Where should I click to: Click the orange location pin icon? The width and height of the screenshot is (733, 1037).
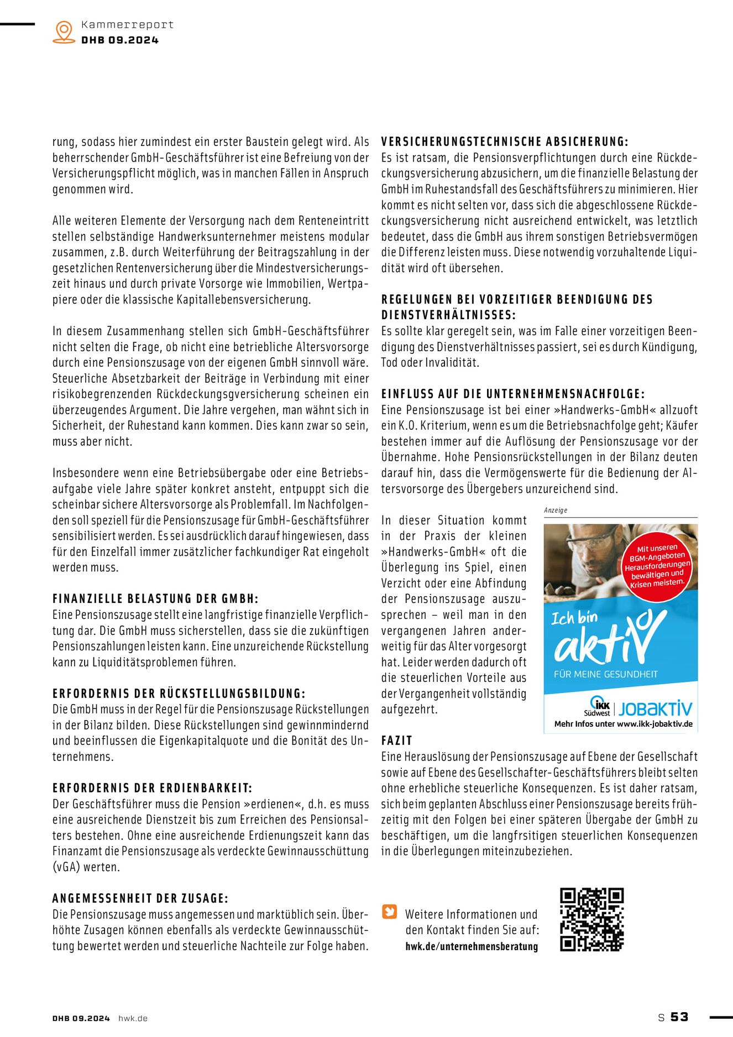(x=64, y=32)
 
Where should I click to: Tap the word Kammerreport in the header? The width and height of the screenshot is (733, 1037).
(x=127, y=24)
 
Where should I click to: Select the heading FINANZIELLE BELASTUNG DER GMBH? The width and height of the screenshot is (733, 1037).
(x=155, y=598)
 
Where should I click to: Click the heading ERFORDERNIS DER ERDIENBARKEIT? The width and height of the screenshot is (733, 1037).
(x=152, y=788)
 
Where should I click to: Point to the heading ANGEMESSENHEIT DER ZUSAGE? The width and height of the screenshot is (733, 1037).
(x=140, y=898)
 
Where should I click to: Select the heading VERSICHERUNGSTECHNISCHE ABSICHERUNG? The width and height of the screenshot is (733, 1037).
(x=505, y=142)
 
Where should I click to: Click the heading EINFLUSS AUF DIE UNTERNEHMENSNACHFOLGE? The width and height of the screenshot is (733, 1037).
(x=513, y=394)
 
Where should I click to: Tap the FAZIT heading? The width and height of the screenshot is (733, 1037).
(x=397, y=741)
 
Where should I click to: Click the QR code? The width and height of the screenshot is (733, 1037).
(x=591, y=919)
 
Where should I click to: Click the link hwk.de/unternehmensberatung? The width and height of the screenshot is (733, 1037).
(x=472, y=946)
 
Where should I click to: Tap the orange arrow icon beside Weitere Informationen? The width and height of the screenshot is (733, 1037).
(x=390, y=911)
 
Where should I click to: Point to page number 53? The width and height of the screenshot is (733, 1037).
(x=679, y=1017)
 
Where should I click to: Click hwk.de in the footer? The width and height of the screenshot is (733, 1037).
(x=133, y=1018)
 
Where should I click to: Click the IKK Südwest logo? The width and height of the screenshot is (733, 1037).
(x=598, y=707)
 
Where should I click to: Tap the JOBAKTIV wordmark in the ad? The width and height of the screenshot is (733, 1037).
(x=655, y=708)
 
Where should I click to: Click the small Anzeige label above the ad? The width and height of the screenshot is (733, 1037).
(x=556, y=510)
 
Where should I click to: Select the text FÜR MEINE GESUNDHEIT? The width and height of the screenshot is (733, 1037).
(x=606, y=674)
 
